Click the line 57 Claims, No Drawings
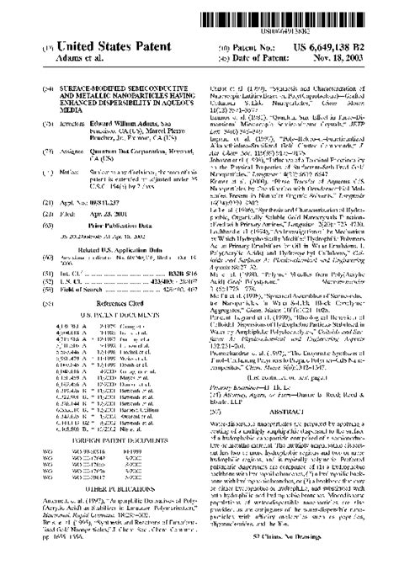pos(307,559)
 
